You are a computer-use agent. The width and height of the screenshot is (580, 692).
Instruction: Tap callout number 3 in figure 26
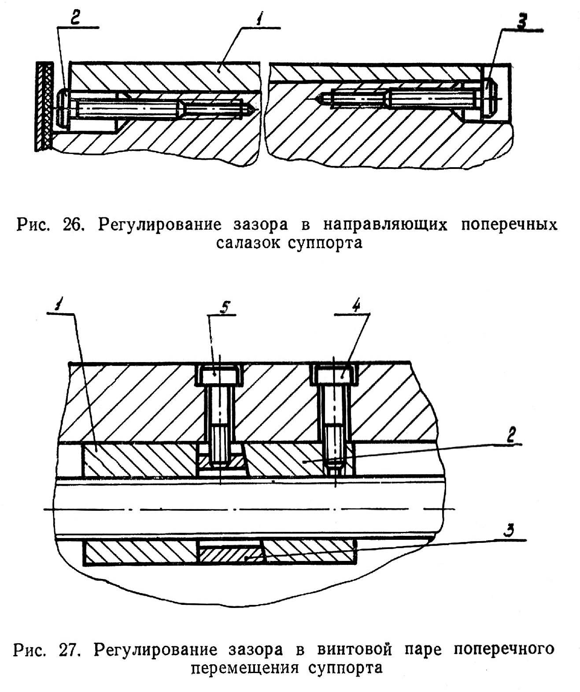coord(523,23)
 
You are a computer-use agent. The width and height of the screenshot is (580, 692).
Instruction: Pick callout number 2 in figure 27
coord(510,435)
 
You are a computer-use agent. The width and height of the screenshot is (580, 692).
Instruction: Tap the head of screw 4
coord(335,375)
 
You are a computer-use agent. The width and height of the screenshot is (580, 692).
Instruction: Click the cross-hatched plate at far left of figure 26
coord(44,106)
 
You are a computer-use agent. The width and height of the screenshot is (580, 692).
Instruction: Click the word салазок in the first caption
coord(248,242)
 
